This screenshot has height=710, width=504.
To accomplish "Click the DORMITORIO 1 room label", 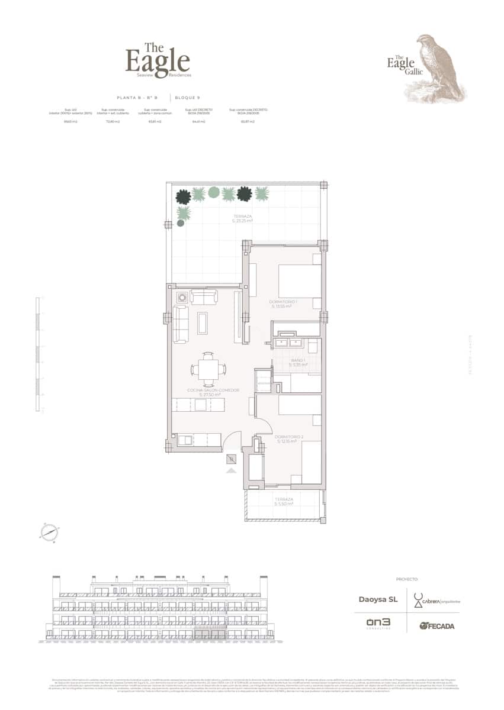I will pos(283,304).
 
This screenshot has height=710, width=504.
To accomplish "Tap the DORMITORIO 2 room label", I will pos(289,438).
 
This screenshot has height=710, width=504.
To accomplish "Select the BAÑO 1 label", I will pos(297,362).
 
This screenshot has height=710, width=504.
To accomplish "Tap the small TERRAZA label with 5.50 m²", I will pos(284,501).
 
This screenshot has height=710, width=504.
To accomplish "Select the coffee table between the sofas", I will pos(203,323).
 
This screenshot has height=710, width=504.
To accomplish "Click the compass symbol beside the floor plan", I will pos(49,532).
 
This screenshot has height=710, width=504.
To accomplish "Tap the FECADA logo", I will pos(437,626).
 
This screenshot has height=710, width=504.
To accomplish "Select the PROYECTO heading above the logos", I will pos(407,579).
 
